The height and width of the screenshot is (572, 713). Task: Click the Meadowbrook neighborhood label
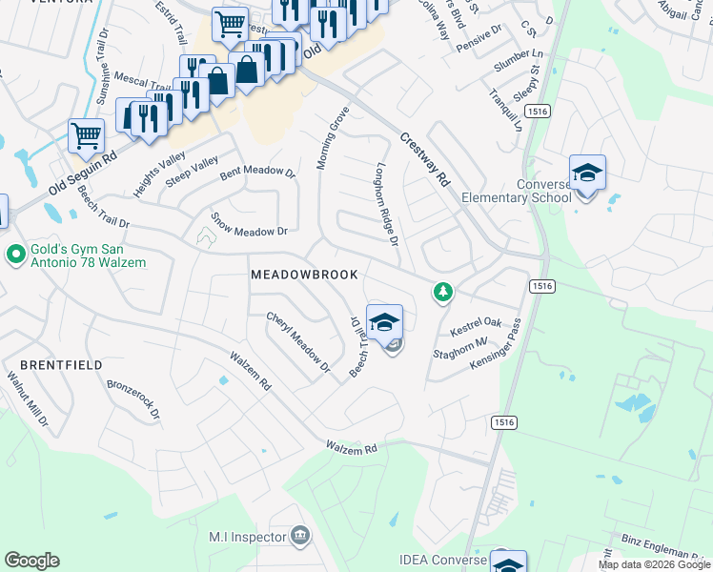click(304, 275)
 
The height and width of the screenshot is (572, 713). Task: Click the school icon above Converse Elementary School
click(587, 173)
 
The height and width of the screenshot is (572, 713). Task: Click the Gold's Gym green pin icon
click(14, 255)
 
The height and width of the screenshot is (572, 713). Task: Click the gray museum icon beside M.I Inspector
click(300, 535)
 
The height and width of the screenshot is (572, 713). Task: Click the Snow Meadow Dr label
click(249, 225)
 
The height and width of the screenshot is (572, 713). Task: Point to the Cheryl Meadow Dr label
click(297, 342)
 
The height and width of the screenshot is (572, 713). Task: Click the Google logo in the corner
click(31, 561)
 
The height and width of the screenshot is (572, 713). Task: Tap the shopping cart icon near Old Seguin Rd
click(86, 135)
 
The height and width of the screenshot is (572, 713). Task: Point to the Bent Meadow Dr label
click(258, 172)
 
